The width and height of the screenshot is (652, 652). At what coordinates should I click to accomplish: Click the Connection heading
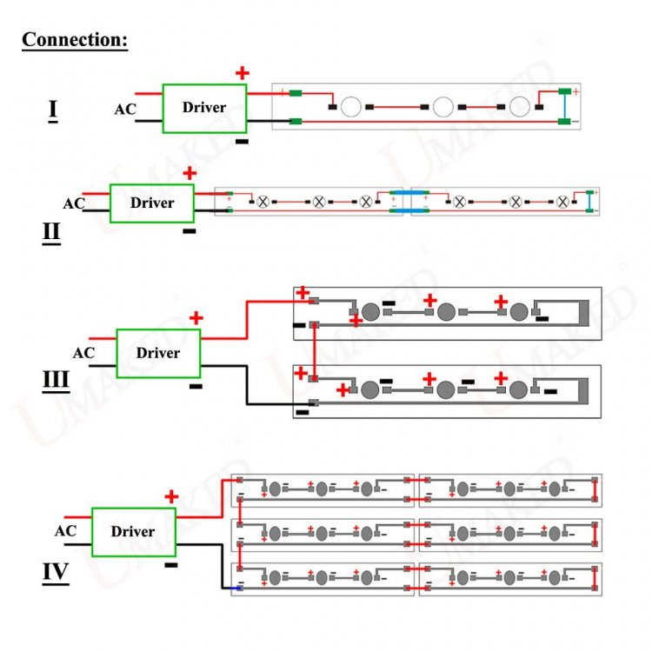75,40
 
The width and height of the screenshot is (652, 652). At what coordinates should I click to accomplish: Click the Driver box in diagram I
204,108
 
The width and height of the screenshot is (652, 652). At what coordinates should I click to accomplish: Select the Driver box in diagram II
152,203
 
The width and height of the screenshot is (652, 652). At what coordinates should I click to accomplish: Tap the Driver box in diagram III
158,353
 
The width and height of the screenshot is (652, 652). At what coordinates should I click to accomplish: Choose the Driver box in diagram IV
133,531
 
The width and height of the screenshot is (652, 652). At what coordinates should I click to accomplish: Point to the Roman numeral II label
51,233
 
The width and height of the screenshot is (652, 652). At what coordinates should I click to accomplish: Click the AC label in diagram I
125,110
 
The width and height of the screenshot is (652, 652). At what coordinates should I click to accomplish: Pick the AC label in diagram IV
65,531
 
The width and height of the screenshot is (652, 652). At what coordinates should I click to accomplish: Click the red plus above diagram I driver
243,74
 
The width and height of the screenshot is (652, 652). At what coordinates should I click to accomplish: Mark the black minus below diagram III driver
196,386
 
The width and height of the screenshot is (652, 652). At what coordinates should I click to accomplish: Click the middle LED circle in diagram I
443,107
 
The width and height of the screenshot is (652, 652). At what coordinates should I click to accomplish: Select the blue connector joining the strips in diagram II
409,201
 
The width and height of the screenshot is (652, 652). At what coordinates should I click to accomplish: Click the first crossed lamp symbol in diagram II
263,201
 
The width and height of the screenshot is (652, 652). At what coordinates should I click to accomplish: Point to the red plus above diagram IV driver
171,496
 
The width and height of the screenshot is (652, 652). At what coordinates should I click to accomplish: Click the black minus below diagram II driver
189,232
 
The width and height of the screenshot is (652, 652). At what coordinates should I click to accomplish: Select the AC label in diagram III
83,353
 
